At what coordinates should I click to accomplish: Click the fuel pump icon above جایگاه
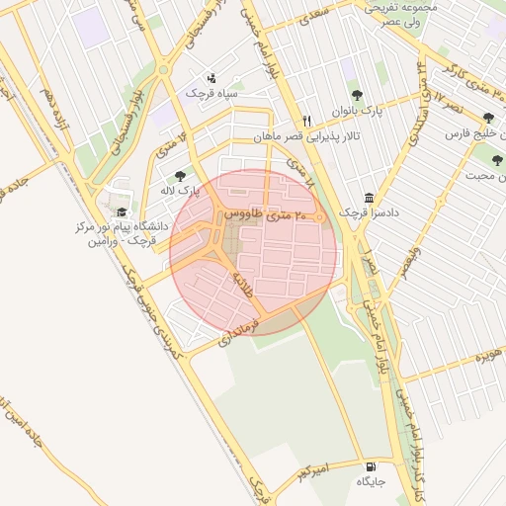coord(371,466)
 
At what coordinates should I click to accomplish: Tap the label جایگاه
coord(370,481)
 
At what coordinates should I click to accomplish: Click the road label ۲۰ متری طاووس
coord(267,214)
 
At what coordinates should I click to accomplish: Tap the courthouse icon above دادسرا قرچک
coord(370,198)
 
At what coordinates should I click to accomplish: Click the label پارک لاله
coord(181,190)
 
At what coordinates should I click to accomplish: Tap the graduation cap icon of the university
coord(122,211)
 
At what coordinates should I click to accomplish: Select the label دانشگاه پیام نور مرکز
coord(121,226)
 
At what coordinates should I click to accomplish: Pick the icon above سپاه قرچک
coord(210,77)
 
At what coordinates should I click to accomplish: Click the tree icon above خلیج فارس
coord(488,118)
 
